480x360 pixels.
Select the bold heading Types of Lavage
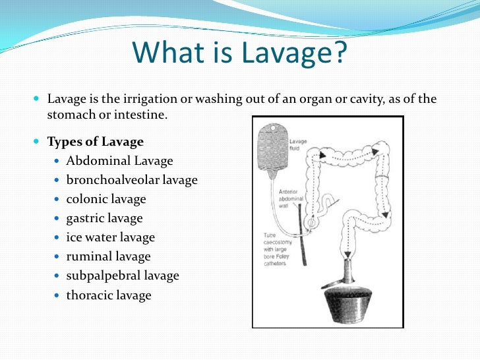click(95, 142)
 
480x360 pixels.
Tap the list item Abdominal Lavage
click(119, 161)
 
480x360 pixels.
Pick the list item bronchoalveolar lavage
click(132, 180)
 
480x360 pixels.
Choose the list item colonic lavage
click(106, 199)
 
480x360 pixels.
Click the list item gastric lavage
click(104, 218)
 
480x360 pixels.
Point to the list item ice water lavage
click(111, 237)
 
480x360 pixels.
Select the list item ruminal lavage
click(108, 256)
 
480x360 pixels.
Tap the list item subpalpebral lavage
click(123, 276)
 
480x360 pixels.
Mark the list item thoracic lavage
click(109, 295)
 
